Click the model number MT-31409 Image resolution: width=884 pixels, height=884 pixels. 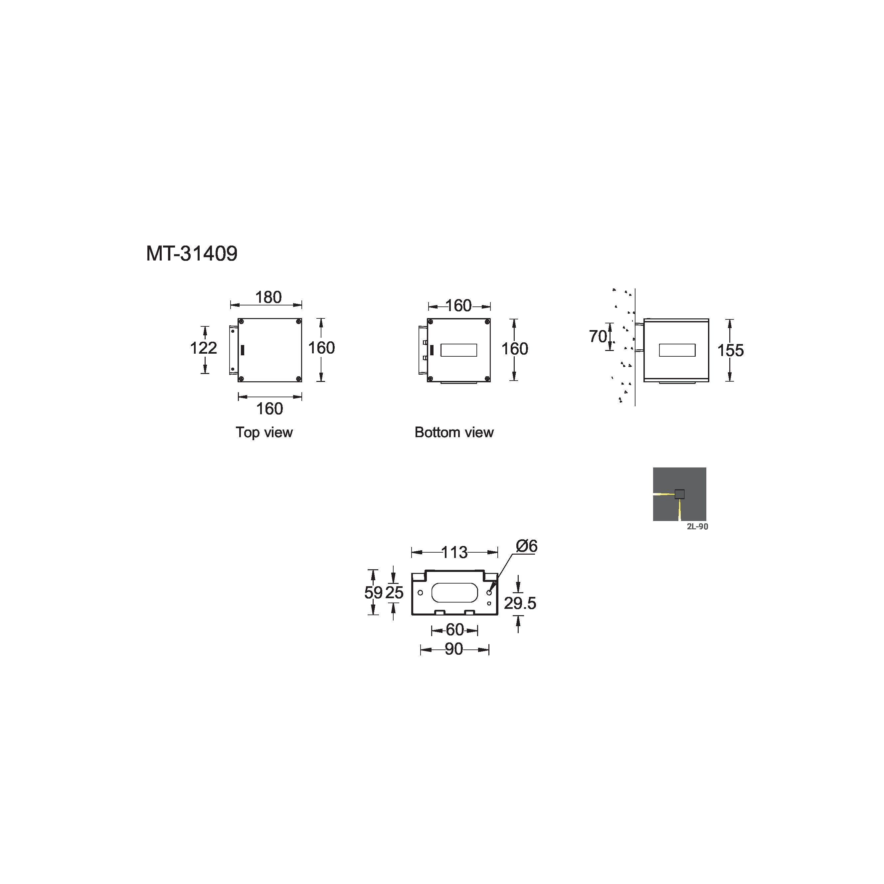click(x=192, y=254)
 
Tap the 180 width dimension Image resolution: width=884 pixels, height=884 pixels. click(x=268, y=297)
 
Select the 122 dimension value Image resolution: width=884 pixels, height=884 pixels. click(x=204, y=348)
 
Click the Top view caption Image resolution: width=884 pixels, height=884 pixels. click(x=264, y=433)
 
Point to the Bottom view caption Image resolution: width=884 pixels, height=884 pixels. click(x=454, y=433)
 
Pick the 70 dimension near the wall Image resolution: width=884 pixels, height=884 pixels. click(x=598, y=336)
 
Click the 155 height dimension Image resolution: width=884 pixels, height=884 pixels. click(x=730, y=350)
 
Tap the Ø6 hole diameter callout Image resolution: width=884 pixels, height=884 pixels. click(x=527, y=546)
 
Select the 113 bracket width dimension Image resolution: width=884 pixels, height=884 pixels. click(x=454, y=552)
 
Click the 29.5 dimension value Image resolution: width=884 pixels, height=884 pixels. click(x=520, y=603)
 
